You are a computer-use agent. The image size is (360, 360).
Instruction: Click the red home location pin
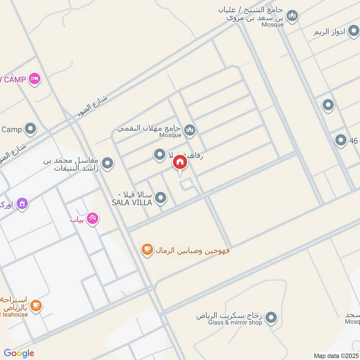tap(180, 162)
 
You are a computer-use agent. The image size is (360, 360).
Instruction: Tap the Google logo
tap(19, 353)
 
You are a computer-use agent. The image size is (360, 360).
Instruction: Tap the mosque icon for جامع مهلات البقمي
tap(190, 130)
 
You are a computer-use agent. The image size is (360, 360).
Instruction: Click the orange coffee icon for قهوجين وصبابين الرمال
tap(147, 249)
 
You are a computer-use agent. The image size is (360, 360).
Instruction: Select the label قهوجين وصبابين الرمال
tap(193, 250)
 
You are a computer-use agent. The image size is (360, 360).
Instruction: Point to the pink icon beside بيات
tap(93, 219)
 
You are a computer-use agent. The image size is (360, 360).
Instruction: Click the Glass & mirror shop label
tap(234, 323)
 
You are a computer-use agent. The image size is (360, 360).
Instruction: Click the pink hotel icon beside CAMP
tap(35, 79)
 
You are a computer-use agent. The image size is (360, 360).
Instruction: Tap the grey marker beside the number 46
tap(341, 140)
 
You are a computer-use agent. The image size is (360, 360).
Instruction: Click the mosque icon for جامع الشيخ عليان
tap(292, 16)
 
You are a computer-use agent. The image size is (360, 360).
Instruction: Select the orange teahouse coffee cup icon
tap(36, 306)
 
